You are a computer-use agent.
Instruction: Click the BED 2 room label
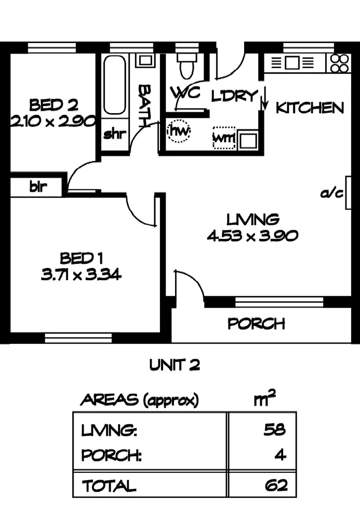54,105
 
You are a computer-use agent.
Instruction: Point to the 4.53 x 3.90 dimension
252,236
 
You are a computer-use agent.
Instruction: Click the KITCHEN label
310,108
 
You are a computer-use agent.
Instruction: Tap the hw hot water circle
179,130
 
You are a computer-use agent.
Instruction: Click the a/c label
332,194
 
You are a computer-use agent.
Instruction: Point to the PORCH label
257,324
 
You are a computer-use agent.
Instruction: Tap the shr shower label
114,135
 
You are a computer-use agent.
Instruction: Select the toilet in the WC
185,66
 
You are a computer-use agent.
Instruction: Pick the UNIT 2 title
175,366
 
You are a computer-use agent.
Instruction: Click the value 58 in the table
275,430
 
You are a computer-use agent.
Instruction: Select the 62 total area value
275,486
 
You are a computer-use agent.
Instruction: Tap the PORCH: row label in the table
112,456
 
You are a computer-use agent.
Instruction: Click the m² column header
264,400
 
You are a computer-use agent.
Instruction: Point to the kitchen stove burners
340,63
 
